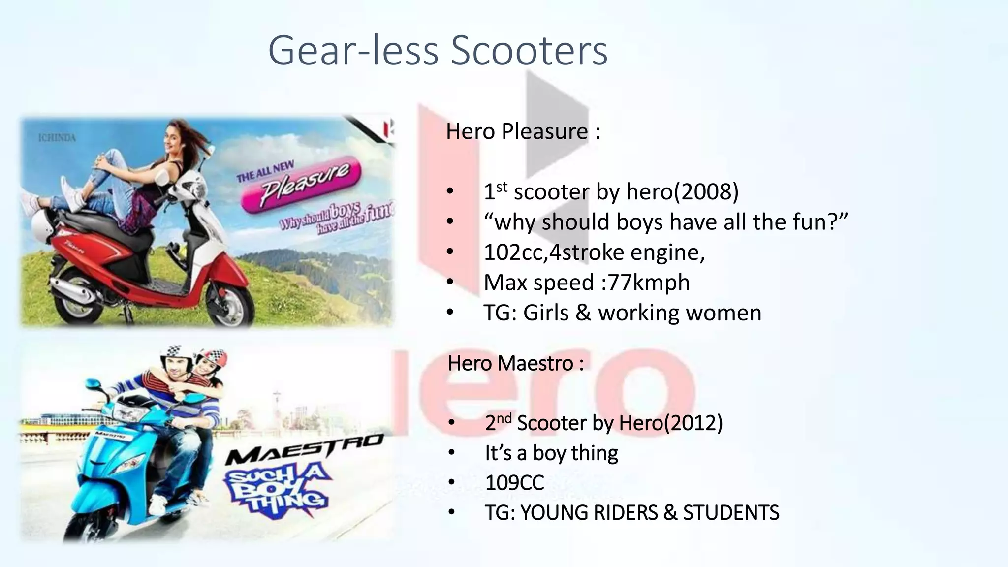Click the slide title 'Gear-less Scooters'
point(438,50)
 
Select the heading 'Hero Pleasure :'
point(523,131)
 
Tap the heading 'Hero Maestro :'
point(515,364)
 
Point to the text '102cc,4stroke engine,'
point(594,252)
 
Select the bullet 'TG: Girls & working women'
point(622,313)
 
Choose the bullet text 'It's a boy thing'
point(551,453)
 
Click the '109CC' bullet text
point(514,483)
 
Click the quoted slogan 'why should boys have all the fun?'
point(665,222)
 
